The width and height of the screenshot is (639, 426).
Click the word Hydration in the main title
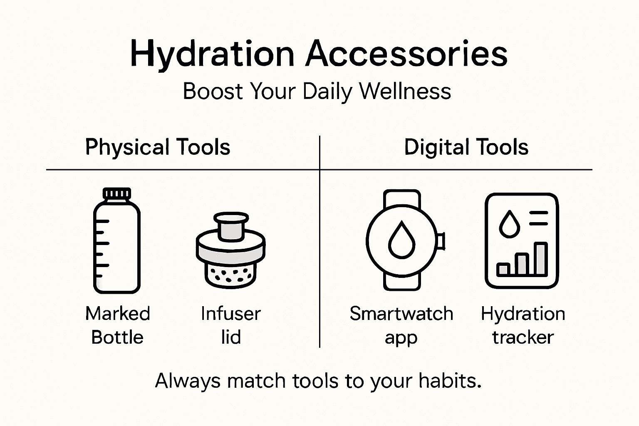[x=212, y=54]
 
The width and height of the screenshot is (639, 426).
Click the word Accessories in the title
[x=406, y=54]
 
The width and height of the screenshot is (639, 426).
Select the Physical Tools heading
[x=158, y=147]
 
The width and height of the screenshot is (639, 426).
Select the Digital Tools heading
[x=466, y=147]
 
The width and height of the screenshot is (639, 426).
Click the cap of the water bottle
[x=117, y=193]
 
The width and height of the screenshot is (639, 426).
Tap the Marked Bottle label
[x=117, y=325]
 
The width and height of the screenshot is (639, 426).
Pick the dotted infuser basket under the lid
[x=230, y=275]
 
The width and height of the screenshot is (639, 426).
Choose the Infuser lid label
[x=230, y=325]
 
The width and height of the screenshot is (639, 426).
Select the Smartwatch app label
[x=401, y=325]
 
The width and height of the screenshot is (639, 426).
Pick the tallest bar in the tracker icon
[x=541, y=259]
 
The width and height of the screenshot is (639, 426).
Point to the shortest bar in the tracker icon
[x=503, y=269]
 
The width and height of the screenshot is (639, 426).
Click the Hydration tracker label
[x=523, y=325]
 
